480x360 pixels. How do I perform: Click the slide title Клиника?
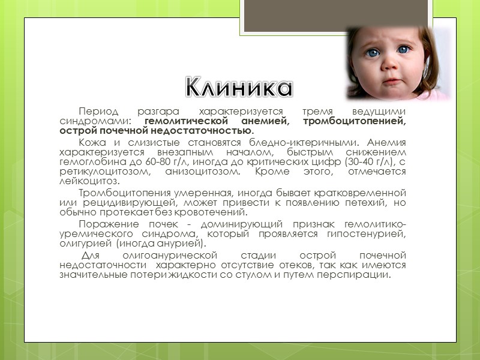(239, 88)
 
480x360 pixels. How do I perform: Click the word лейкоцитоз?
(89, 181)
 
